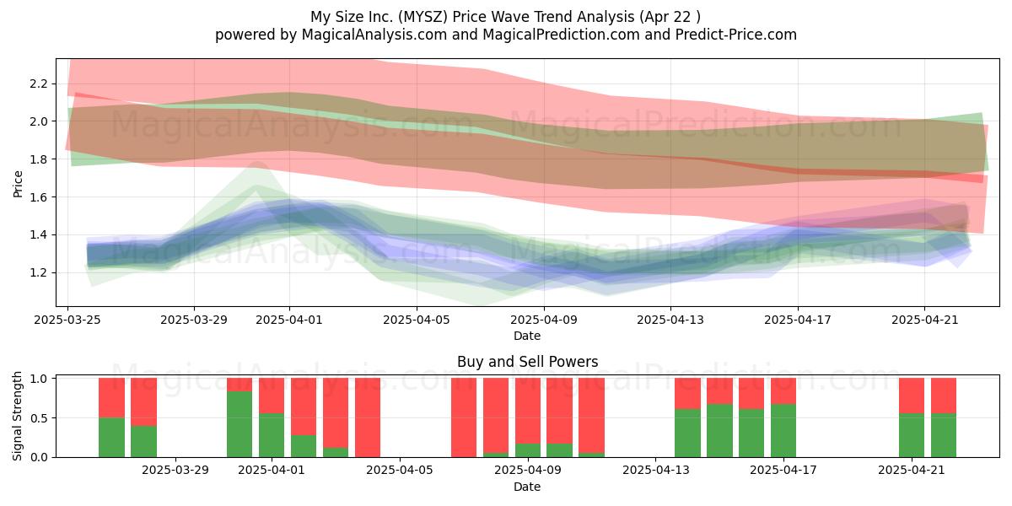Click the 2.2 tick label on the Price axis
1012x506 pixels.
click(39, 83)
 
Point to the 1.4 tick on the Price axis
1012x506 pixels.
click(39, 234)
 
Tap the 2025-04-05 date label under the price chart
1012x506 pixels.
click(417, 320)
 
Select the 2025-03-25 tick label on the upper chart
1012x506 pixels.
click(67, 320)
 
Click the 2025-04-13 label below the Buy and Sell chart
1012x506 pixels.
click(656, 471)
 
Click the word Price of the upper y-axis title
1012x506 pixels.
click(18, 184)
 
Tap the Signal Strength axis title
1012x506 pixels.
click(17, 416)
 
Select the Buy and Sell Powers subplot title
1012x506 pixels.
click(528, 362)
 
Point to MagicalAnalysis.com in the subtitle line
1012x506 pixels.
click(374, 35)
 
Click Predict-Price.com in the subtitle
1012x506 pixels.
click(736, 35)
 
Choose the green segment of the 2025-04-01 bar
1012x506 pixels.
click(272, 435)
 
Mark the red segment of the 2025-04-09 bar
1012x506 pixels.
click(528, 411)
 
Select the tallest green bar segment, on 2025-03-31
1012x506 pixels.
click(240, 424)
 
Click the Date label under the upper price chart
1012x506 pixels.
click(527, 336)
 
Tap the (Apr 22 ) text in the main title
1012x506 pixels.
click(670, 17)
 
